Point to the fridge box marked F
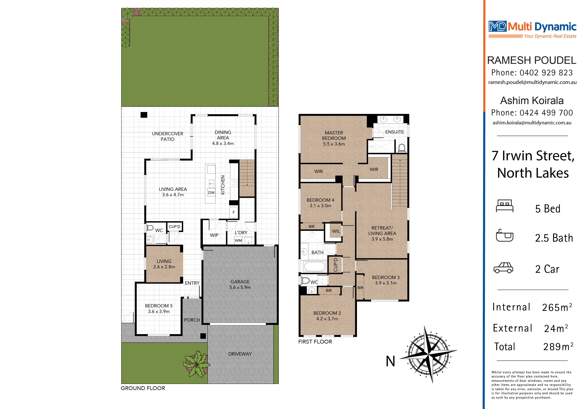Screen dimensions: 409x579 [234, 212]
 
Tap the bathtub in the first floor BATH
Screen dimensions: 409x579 [314, 266]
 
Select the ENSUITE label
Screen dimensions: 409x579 [394, 132]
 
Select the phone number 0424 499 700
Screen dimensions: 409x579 [546, 113]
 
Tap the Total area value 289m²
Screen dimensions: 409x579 [558, 347]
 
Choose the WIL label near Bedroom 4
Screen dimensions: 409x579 [336, 231]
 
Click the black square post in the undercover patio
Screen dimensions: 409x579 [144, 115]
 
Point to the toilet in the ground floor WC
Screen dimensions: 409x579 [150, 228]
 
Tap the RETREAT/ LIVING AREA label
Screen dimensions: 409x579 [382, 233]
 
